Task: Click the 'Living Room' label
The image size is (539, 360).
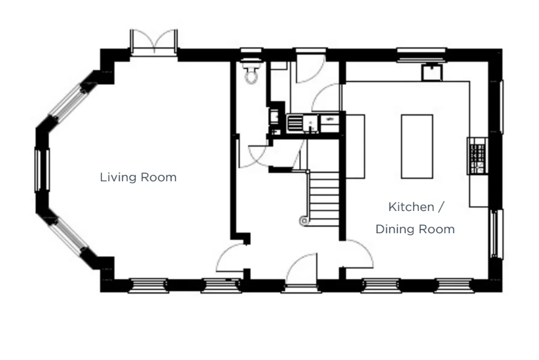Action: coord(138,178)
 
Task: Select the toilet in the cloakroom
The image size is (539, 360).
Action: coord(251,73)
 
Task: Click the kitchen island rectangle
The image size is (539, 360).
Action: coord(417,146)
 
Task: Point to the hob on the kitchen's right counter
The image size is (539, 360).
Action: coord(477,155)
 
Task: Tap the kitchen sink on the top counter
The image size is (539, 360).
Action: coord(431,72)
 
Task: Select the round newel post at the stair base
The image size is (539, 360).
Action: coord(303,220)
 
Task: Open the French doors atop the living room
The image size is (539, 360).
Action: coord(154,43)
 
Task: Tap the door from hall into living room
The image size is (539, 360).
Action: coord(232,259)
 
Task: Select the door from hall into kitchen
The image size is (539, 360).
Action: coord(359,255)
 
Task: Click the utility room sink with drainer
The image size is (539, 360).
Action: coord(303,122)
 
